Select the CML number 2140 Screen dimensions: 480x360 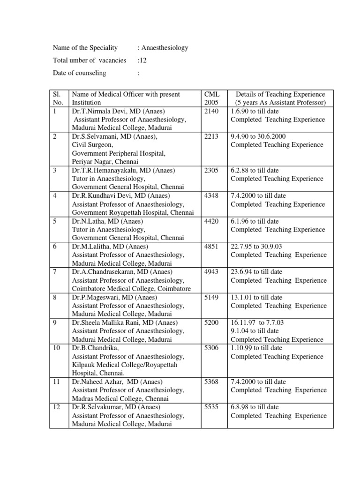coord(212,111)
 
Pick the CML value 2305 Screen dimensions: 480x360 coord(212,170)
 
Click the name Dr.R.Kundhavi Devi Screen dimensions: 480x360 coord(101,195)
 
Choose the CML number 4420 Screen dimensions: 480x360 coord(212,221)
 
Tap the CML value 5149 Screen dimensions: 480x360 coord(212,297)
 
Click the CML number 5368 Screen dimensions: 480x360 coord(212,382)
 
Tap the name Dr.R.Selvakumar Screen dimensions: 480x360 coord(97,407)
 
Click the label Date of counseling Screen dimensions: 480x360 coord(79,73)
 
